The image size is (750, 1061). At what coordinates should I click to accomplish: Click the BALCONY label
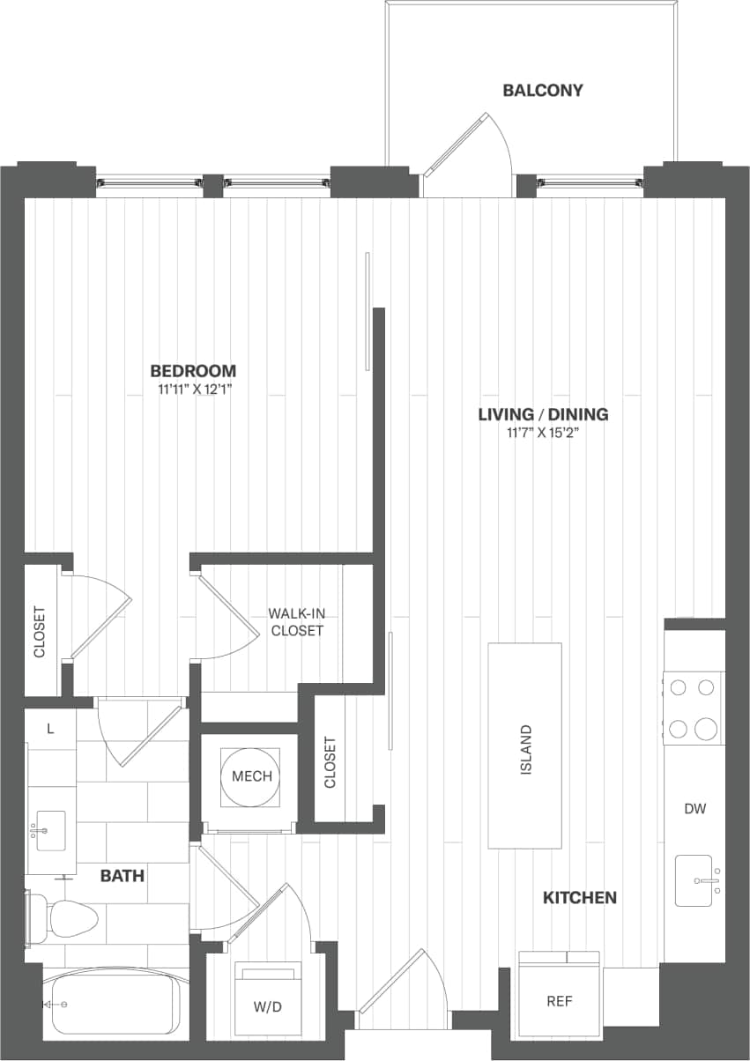(542, 91)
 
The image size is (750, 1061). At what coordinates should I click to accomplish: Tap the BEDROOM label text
(193, 371)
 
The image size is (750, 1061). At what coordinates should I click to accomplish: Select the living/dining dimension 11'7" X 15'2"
(543, 432)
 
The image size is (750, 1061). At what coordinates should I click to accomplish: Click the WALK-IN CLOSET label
(297, 621)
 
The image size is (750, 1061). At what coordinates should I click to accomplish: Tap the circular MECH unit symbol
(251, 776)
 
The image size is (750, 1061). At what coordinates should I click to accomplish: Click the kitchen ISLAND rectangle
(525, 746)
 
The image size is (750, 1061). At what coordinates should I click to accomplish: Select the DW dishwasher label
(694, 808)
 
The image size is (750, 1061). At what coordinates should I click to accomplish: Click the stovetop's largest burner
(707, 729)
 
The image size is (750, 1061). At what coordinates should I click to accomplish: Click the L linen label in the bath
(50, 729)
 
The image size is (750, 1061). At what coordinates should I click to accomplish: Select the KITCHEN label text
(579, 898)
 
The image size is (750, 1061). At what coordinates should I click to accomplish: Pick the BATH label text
(122, 876)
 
